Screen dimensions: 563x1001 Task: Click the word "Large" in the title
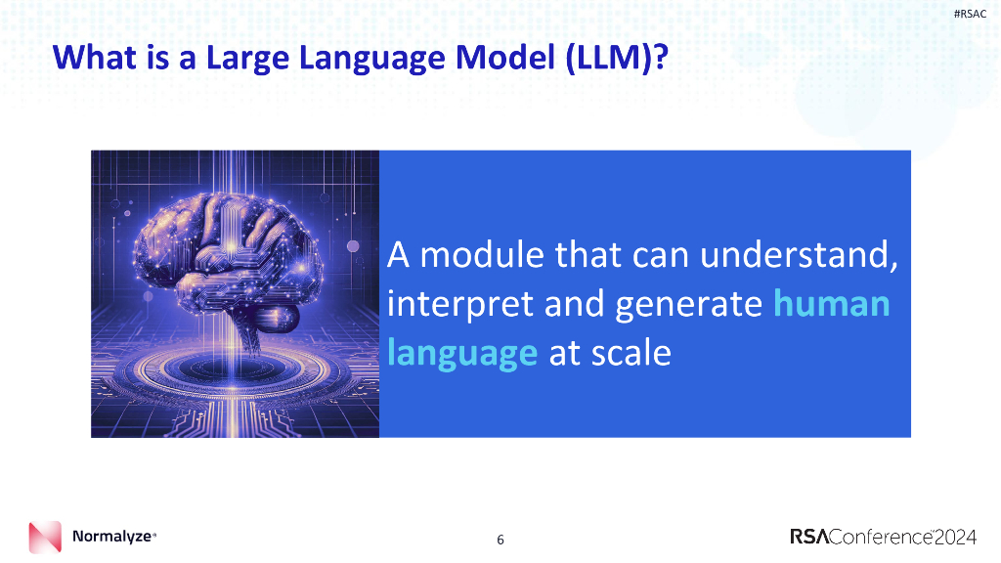[245, 58]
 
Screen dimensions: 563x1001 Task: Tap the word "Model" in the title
[498, 58]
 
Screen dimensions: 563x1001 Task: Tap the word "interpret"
[457, 304]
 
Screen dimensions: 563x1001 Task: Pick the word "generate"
[689, 304]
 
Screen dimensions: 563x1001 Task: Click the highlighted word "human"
[832, 304]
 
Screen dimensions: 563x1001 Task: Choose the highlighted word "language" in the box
[462, 353]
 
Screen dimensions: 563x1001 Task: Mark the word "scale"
[631, 353]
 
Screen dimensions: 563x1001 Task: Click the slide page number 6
[500, 539]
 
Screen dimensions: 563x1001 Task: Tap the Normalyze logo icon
[45, 538]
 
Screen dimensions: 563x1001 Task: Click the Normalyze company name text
[111, 537]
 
